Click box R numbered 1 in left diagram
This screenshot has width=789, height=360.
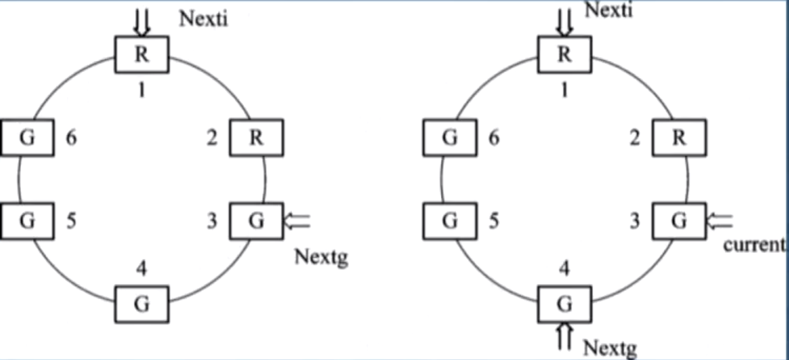(142, 55)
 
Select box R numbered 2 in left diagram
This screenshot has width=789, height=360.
(256, 138)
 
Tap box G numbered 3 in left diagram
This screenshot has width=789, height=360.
(256, 221)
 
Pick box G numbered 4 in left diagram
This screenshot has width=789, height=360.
(142, 304)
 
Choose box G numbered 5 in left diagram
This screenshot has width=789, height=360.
(27, 221)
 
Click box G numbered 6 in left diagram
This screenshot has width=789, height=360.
(27, 138)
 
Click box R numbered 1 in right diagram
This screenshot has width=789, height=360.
(564, 55)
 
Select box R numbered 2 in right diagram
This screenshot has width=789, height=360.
(679, 138)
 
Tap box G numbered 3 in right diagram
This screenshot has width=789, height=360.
(679, 221)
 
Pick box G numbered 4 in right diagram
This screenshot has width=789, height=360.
(564, 304)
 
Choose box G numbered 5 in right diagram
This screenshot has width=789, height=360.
(450, 221)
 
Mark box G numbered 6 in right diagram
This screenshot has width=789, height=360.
(450, 138)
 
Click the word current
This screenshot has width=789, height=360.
(754, 245)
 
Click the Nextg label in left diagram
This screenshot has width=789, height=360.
(320, 258)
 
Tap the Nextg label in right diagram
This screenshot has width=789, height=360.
(610, 347)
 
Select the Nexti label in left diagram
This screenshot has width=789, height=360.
(203, 20)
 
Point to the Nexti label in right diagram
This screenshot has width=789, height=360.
(609, 10)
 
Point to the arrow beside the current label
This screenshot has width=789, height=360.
(720, 221)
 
